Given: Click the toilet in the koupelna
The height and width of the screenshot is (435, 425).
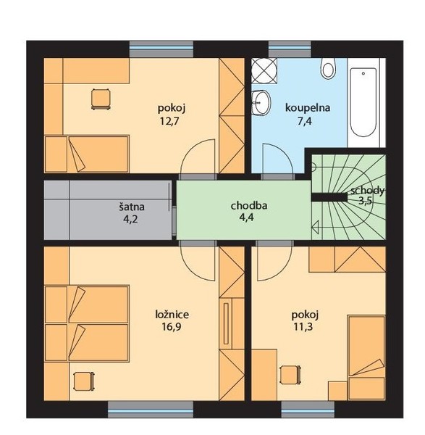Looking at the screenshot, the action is pos(328,68).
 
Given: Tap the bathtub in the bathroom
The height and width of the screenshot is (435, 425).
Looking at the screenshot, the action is pos(363,102).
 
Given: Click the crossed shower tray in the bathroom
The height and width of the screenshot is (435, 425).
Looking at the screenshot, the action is pos(264,70).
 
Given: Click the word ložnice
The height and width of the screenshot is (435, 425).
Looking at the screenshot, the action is pos(172,315).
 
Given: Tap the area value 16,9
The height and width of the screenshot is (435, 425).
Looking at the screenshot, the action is pos(172,327).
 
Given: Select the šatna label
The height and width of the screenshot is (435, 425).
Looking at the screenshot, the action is pos(132,207).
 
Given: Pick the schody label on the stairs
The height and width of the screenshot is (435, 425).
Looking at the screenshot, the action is pos(367,191).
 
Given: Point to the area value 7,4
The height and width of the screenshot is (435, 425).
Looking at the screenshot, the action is pos(305,121).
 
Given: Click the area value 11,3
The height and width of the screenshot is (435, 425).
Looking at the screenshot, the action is pos(303,327).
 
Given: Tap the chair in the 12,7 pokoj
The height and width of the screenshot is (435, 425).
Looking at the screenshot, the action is pos(101,99).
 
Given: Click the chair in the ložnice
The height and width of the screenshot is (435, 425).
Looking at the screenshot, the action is pos(84,381).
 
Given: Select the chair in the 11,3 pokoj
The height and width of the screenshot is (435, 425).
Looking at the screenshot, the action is pos(290,375).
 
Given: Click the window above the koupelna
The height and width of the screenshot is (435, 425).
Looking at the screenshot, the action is pos(290,49).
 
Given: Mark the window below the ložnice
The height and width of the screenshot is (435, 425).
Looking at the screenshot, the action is pos(151,409).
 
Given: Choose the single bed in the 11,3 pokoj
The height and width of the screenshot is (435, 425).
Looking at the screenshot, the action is pos(367,357).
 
